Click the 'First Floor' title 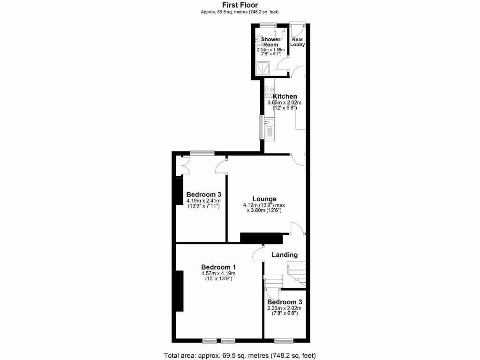pyautogui.click(x=240, y=6)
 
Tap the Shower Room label pyautogui.click(x=270, y=42)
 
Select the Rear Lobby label pyautogui.click(x=298, y=42)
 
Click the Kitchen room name pyautogui.click(x=282, y=97)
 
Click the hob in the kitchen pyautogui.click(x=269, y=92)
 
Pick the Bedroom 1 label pyautogui.click(x=218, y=267)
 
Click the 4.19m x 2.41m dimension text pyautogui.click(x=204, y=201)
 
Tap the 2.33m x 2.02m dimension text pyautogui.click(x=284, y=308)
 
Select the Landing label pyautogui.click(x=285, y=255)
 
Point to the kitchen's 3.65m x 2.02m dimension pyautogui.click(x=284, y=103)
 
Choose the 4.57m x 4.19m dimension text pyautogui.click(x=218, y=273)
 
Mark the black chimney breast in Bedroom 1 pyautogui.click(x=179, y=291)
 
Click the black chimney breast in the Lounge pyautogui.click(x=261, y=238)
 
